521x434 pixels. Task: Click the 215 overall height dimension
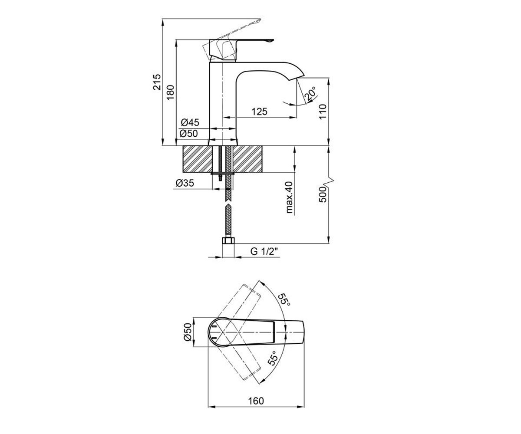[157, 82]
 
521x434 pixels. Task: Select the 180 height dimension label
[171, 92]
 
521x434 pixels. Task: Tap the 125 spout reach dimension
[259, 112]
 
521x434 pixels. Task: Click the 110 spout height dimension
[323, 112]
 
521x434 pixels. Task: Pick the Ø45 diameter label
[190, 122]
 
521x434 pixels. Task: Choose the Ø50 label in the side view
[188, 134]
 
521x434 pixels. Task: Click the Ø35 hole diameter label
[185, 183]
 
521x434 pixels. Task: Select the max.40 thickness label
[289, 197]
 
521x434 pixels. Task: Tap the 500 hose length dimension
[323, 194]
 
